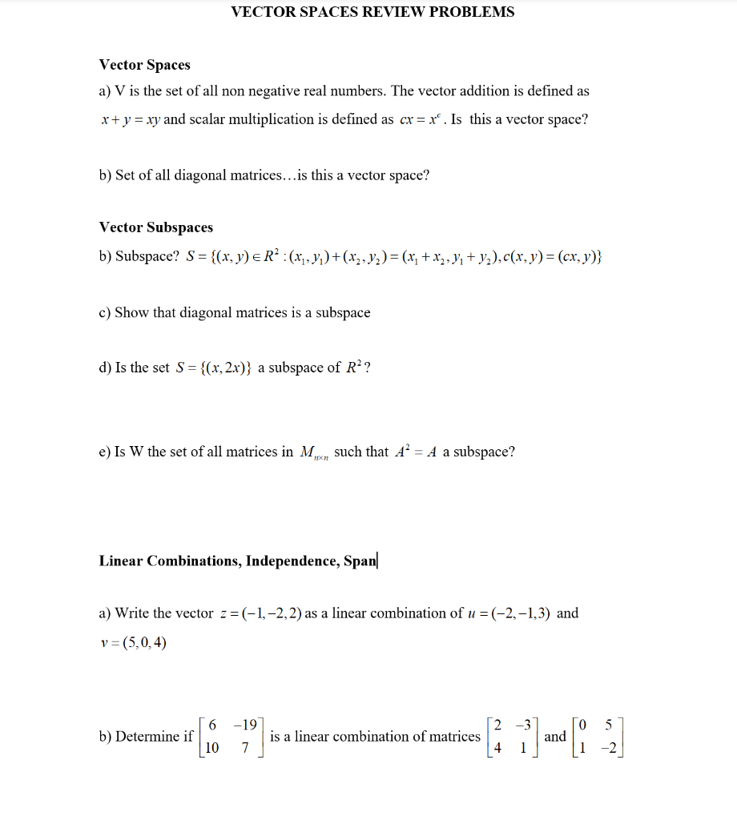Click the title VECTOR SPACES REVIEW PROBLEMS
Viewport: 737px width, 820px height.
[x=373, y=12]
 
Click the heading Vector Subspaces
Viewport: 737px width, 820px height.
[x=156, y=227]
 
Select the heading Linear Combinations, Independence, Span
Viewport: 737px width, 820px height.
[x=238, y=561]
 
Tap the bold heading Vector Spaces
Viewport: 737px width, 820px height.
[x=145, y=65]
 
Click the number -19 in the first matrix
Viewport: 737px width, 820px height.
[x=244, y=725]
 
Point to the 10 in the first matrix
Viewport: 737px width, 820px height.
[x=212, y=748]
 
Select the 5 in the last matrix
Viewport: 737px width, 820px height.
[x=609, y=725]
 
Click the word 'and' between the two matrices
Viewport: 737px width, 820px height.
[x=555, y=736]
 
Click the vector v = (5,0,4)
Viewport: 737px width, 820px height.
[x=134, y=641]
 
